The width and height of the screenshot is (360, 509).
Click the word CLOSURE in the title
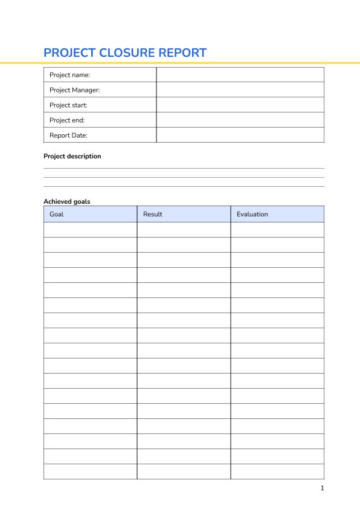(126, 53)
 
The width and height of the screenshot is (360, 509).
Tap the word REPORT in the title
(182, 53)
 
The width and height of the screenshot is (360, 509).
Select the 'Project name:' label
(69, 75)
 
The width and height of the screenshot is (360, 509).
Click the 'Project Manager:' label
(74, 90)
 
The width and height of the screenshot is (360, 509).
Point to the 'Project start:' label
(68, 105)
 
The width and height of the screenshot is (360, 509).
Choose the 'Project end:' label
(67, 120)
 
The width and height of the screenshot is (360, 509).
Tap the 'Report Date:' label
(68, 135)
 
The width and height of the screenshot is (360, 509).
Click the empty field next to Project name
(240, 75)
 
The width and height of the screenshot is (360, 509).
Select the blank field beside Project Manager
(240, 90)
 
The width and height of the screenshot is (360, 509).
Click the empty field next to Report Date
(240, 135)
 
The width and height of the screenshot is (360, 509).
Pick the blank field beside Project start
(240, 105)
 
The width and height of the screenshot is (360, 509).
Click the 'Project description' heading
(72, 156)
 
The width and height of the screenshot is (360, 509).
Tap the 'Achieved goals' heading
(67, 201)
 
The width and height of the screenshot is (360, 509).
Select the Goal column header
(56, 214)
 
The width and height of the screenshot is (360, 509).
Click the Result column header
(153, 214)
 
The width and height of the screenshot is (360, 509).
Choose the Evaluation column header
(252, 214)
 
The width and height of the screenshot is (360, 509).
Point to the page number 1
(323, 488)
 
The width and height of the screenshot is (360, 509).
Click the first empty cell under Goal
(90, 230)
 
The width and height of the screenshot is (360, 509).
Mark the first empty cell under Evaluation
(277, 230)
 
